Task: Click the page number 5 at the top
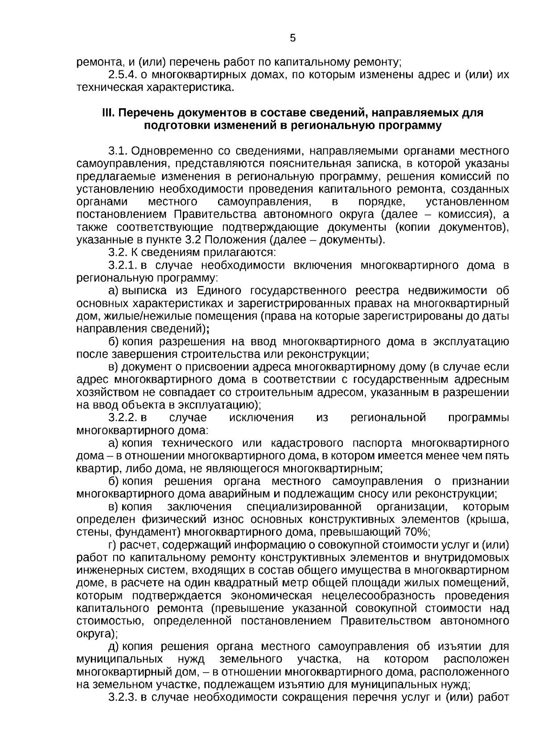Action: [x=292, y=38]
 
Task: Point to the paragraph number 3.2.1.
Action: [x=123, y=266]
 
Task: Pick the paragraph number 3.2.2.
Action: [x=123, y=418]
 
